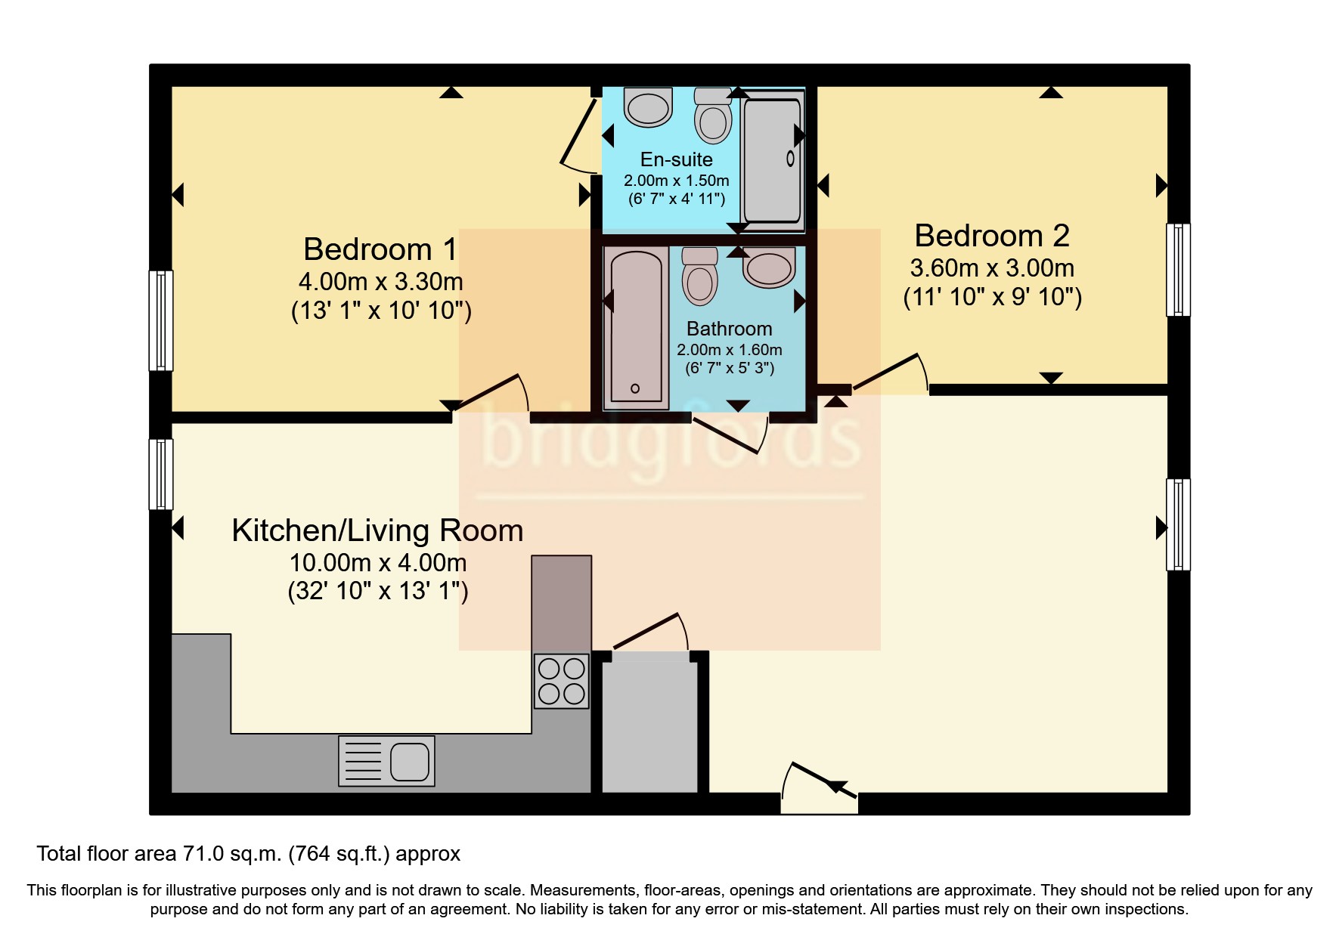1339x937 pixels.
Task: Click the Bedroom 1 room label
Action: click(380, 249)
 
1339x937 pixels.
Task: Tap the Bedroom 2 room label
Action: click(991, 236)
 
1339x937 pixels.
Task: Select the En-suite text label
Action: click(676, 159)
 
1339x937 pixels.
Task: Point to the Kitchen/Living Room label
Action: click(377, 530)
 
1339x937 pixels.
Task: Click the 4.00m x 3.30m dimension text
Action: click(380, 282)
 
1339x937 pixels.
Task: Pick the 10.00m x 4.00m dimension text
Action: click(377, 563)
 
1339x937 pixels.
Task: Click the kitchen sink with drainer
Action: click(386, 760)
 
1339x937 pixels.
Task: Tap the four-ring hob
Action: click(561, 681)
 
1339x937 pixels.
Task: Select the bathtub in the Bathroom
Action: click(636, 327)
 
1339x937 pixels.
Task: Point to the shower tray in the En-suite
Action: click(772, 159)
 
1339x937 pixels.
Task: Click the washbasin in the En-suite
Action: click(648, 106)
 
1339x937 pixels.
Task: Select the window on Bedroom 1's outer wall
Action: click(160, 320)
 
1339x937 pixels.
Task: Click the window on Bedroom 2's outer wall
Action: click(1178, 269)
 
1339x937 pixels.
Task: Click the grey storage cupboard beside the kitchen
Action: click(649, 724)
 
